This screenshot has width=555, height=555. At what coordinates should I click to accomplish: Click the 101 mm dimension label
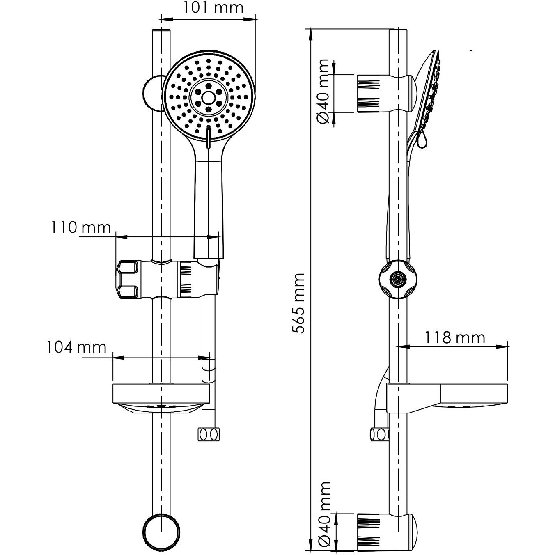[x=213, y=8]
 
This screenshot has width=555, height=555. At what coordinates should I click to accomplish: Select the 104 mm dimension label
[x=76, y=347]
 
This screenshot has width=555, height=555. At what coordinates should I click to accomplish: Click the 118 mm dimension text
[x=454, y=337]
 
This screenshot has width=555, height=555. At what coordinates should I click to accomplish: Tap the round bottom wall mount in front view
[x=161, y=530]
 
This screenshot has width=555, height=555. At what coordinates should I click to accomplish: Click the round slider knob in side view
[x=397, y=279]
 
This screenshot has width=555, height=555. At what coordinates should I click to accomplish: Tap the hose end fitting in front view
[x=209, y=434]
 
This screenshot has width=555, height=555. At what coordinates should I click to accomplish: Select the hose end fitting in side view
[x=379, y=434]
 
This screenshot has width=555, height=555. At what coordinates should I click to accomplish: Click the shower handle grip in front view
[x=209, y=205]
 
